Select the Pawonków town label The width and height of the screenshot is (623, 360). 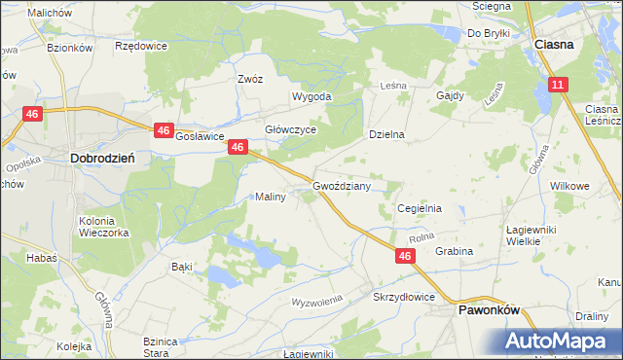(x=490, y=309)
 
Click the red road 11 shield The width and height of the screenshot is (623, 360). (x=557, y=86)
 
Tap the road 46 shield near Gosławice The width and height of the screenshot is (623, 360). (x=163, y=129)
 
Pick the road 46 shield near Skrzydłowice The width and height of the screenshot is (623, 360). (x=406, y=255)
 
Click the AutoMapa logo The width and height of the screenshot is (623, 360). (x=560, y=342)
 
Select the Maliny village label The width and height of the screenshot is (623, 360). (x=270, y=198)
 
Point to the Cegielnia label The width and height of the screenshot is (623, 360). (x=421, y=208)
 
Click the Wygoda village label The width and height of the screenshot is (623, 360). (x=312, y=97)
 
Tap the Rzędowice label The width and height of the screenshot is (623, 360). (x=141, y=46)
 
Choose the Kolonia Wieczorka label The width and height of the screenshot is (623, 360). (x=103, y=227)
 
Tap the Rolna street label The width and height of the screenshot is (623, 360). (x=421, y=236)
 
